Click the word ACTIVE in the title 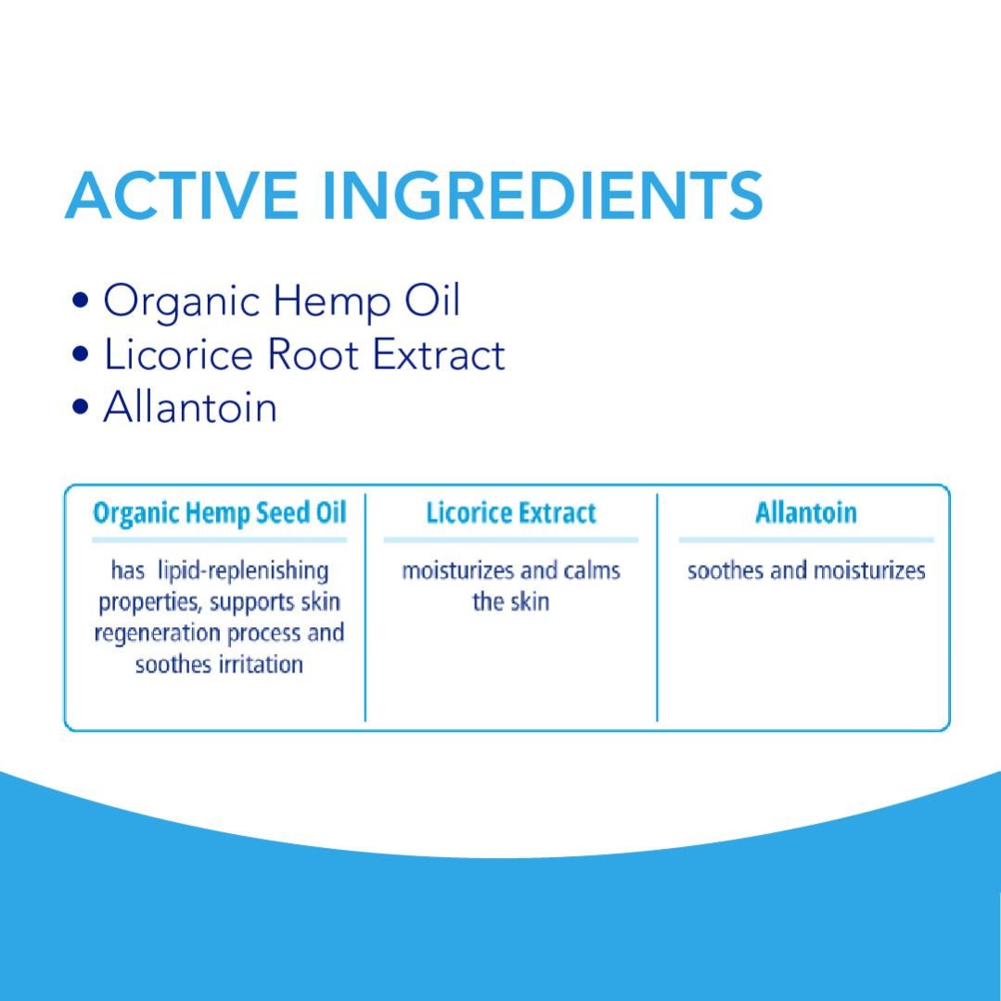pos(181,196)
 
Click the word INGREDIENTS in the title pos(544,196)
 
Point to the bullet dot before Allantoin pos(81,406)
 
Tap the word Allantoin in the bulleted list pos(190,406)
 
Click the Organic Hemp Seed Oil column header pos(220,513)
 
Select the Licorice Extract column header pos(511,513)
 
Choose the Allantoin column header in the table pos(805,513)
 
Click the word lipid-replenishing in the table pos(242,571)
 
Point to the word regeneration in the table pos(158,634)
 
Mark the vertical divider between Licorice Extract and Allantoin pos(657,607)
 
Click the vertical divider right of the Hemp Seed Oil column pos(366,607)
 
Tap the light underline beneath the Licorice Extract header pos(511,540)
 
